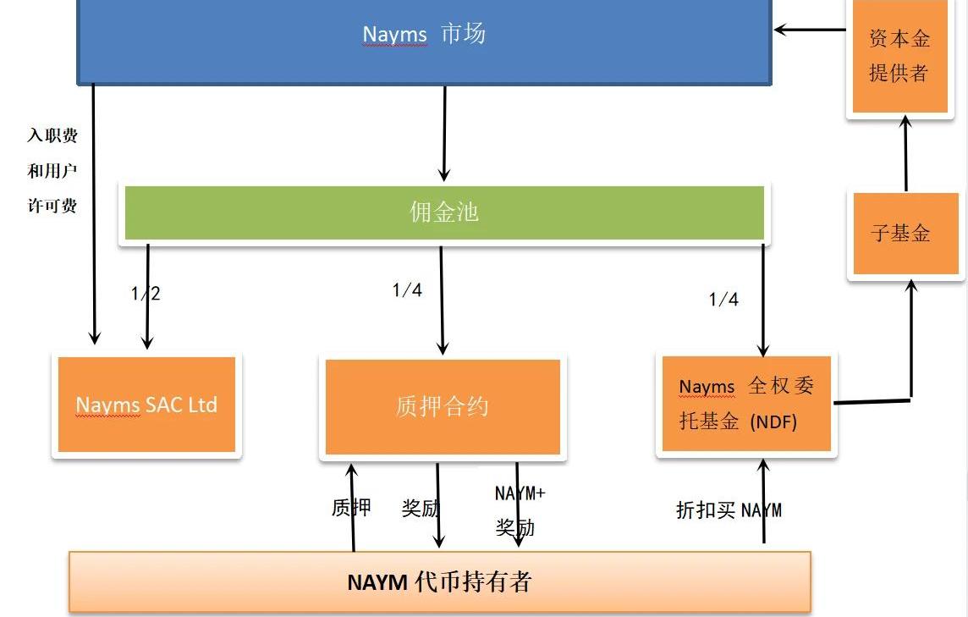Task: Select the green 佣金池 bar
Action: coord(444,212)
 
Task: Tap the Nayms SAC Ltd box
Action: coord(146,405)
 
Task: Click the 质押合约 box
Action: coord(443,406)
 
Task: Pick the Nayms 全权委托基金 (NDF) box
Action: coord(746,404)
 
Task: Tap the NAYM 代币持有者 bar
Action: coord(439,582)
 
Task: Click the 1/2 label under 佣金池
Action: coord(146,294)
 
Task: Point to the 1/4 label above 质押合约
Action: coord(407,290)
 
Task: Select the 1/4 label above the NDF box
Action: coord(723,299)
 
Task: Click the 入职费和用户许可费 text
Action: coord(52,170)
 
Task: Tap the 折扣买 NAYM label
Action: coord(729,510)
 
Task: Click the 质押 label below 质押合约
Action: coord(350,508)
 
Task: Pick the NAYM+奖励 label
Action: coord(520,510)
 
